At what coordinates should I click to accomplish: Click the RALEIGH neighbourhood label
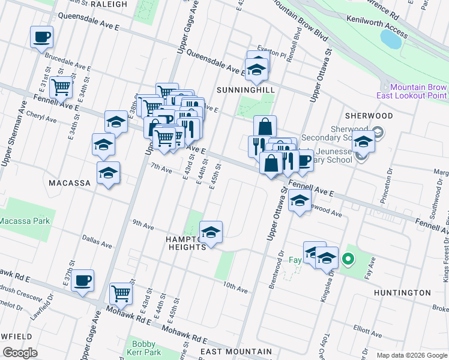(108, 4)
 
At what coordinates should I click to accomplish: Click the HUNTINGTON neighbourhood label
(402, 293)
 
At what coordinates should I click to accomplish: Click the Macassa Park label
(19, 221)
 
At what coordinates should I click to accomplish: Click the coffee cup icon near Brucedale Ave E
(41, 37)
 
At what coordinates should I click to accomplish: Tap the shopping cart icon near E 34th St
(61, 87)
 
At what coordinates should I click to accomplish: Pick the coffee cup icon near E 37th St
(82, 280)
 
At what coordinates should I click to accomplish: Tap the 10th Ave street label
(235, 289)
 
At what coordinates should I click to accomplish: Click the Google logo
(20, 353)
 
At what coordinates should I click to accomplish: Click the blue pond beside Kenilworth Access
(391, 39)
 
